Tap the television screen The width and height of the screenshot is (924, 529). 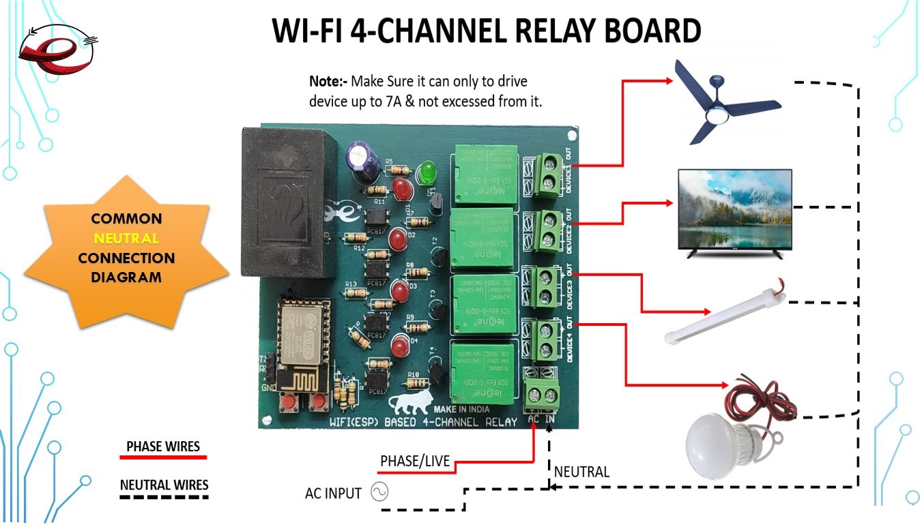[x=734, y=209]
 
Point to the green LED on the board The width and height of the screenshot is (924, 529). [x=428, y=171]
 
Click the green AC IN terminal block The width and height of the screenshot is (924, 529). [x=542, y=396]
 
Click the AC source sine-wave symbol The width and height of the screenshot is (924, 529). [x=379, y=492]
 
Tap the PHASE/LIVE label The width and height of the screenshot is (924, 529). [x=415, y=462]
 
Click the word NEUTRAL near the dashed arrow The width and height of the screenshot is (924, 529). [x=581, y=472]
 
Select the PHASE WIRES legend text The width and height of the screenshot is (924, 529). [x=163, y=447]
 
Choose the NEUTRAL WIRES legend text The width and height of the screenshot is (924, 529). [x=164, y=485]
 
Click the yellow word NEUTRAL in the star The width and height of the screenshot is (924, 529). [x=126, y=239]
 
